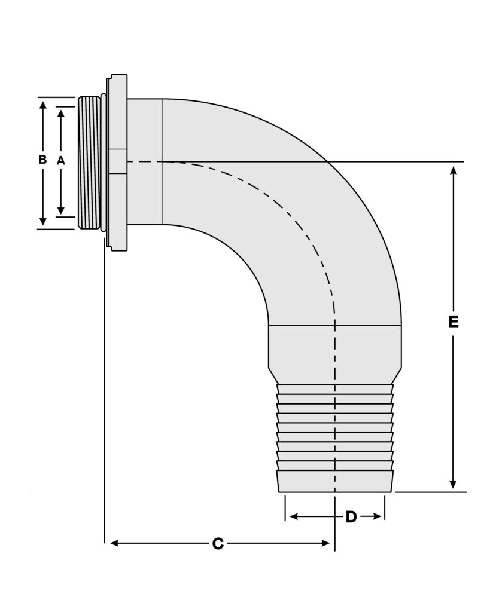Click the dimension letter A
pos(60,160)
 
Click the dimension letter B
pos(42,160)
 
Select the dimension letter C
pos(218,544)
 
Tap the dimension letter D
pos(351,517)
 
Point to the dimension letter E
pos(453,322)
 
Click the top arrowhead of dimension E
pos(454,170)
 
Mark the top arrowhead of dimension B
pos(42,105)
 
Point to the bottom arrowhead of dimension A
pos(60,210)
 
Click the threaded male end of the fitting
pos(89,163)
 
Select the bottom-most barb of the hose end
pos(335,481)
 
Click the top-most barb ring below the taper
pos(335,390)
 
